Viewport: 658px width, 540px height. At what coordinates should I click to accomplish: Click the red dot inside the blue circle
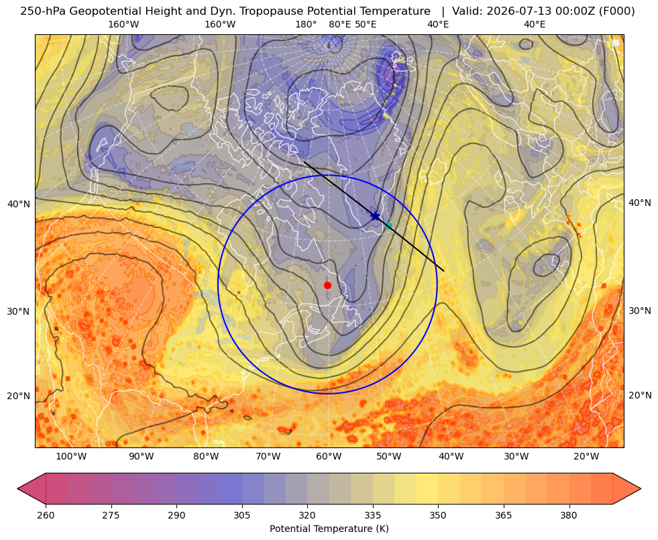[x=328, y=285]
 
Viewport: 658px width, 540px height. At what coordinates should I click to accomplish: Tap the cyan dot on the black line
[x=388, y=226]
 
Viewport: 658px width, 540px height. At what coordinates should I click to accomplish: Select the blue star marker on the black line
[x=375, y=216]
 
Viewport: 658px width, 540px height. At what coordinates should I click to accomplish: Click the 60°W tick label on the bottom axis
[x=329, y=457]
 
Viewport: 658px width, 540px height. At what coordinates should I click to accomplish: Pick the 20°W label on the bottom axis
[x=586, y=457]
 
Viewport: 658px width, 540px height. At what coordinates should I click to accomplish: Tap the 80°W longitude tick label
[x=206, y=457]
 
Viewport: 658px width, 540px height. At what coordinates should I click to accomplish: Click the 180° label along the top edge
[x=306, y=24]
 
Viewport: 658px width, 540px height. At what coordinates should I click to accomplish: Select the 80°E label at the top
[x=340, y=24]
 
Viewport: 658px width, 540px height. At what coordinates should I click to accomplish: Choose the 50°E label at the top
[x=366, y=24]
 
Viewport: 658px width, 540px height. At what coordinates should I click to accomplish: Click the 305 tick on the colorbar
[x=241, y=515]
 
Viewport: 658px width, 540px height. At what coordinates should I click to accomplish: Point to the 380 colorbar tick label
[x=569, y=515]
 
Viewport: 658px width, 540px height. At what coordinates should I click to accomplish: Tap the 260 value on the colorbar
[x=46, y=515]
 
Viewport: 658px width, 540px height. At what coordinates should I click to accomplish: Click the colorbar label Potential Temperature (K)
[x=329, y=529]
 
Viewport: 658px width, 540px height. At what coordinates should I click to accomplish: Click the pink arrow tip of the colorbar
[x=19, y=488]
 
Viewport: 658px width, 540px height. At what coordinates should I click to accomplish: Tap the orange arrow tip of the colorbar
[x=640, y=488]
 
